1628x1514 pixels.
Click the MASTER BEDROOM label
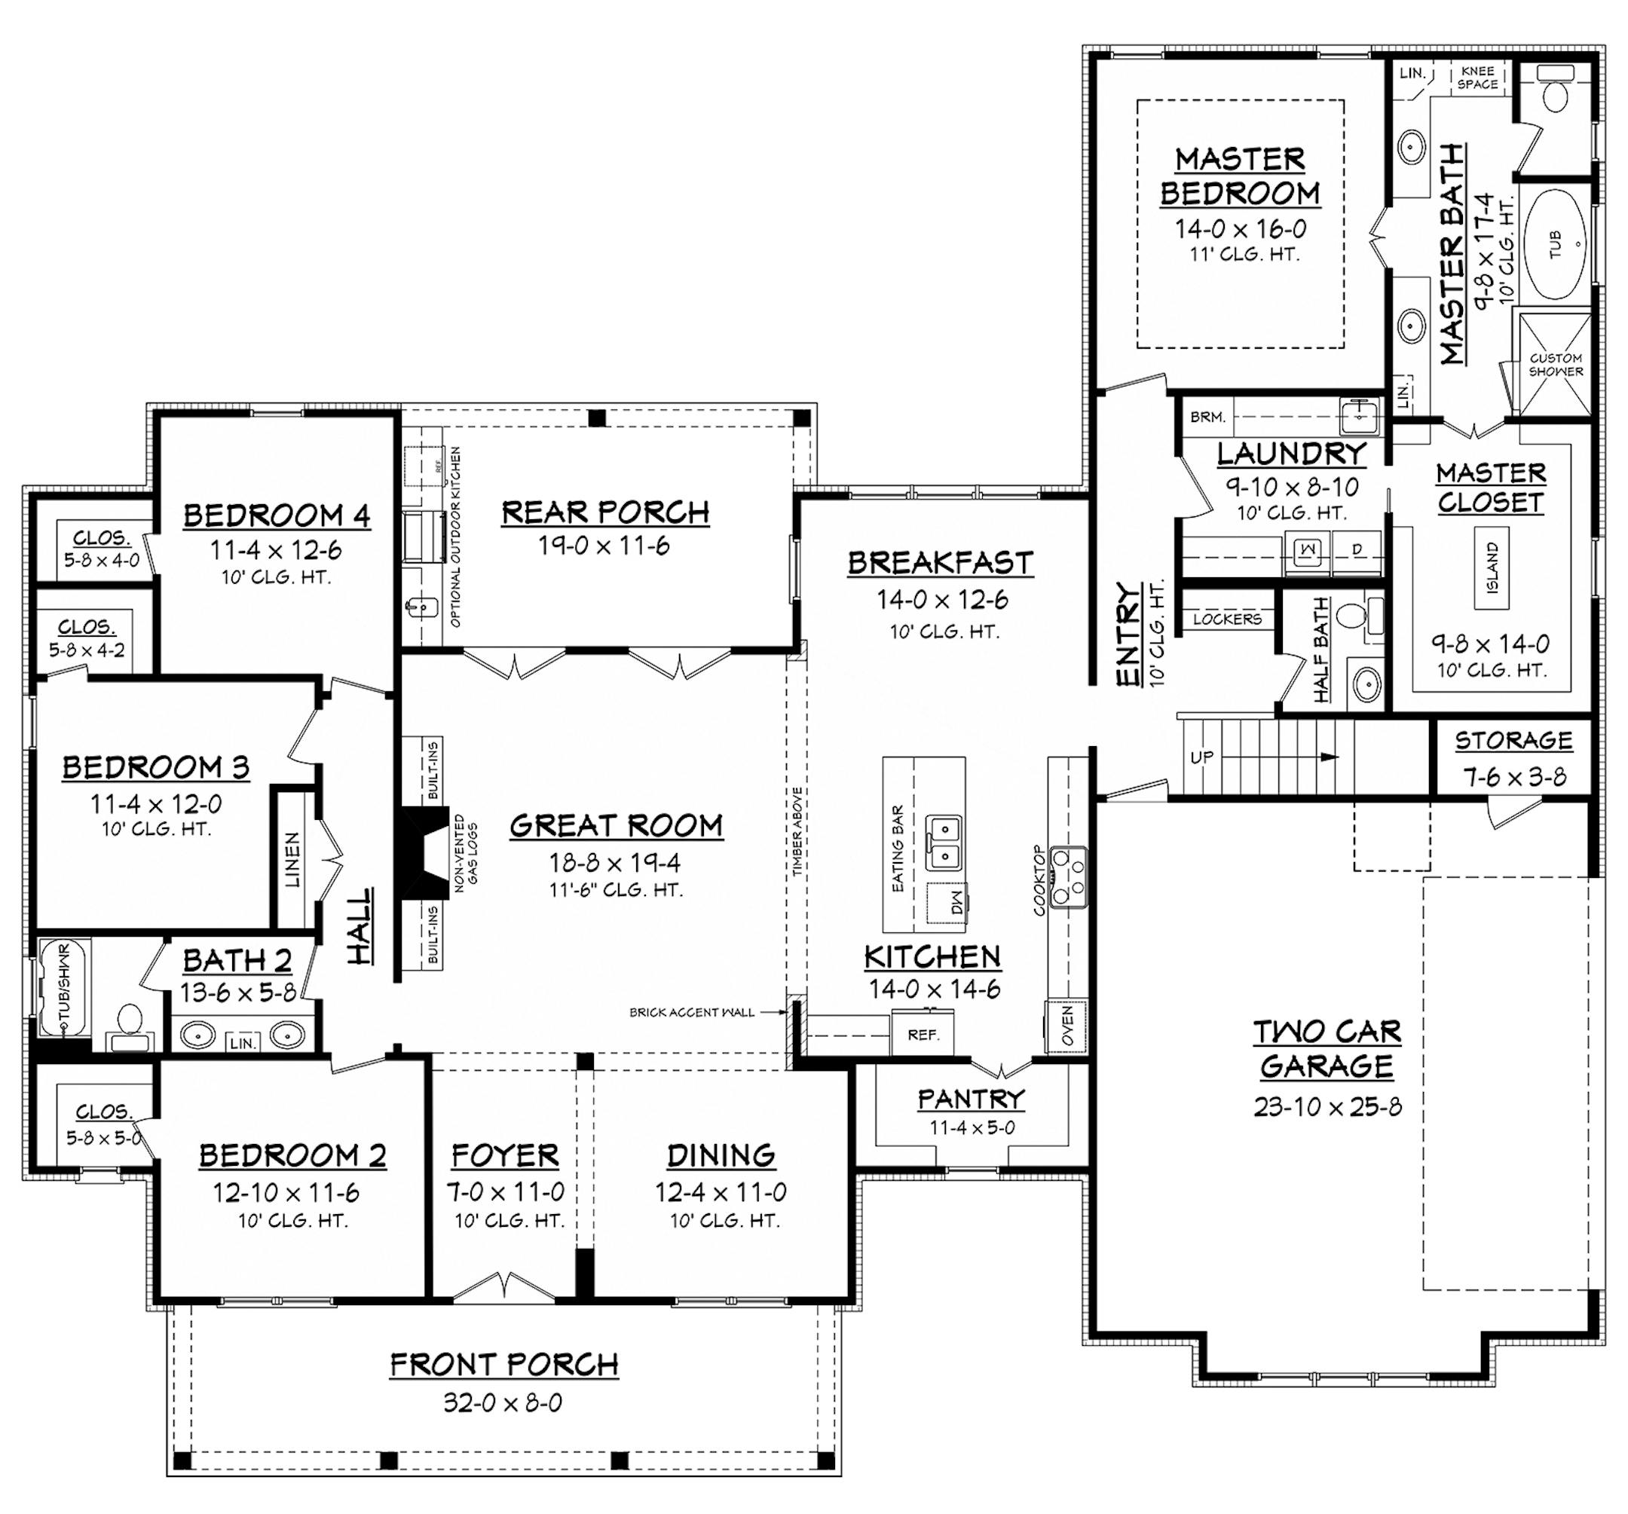[1240, 176]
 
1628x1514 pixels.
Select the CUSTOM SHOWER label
[1555, 365]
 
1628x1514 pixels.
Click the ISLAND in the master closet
[1492, 567]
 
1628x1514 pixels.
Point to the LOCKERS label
[1227, 619]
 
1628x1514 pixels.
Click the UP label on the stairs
[1202, 757]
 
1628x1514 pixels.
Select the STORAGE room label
[1513, 741]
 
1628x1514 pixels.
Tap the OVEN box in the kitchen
[1067, 1025]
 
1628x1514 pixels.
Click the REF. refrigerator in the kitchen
[923, 1035]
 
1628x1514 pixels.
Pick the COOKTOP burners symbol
[1069, 878]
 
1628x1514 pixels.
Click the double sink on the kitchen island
[944, 843]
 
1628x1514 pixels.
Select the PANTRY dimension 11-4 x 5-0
[972, 1127]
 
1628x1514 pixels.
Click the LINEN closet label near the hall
[292, 860]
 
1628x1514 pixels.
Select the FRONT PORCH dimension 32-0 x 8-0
[503, 1402]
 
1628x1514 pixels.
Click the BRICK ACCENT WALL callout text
[691, 1012]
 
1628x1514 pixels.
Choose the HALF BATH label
[1321, 651]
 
